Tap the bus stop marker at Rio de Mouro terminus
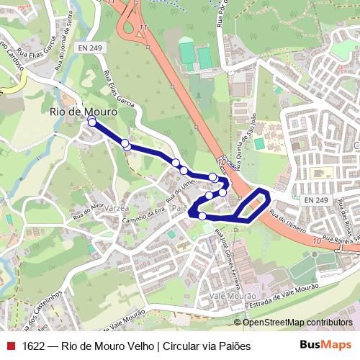[91, 122]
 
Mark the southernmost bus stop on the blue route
[203, 216]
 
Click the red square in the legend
[10, 346]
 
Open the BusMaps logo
[326, 345]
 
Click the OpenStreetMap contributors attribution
[297, 323]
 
